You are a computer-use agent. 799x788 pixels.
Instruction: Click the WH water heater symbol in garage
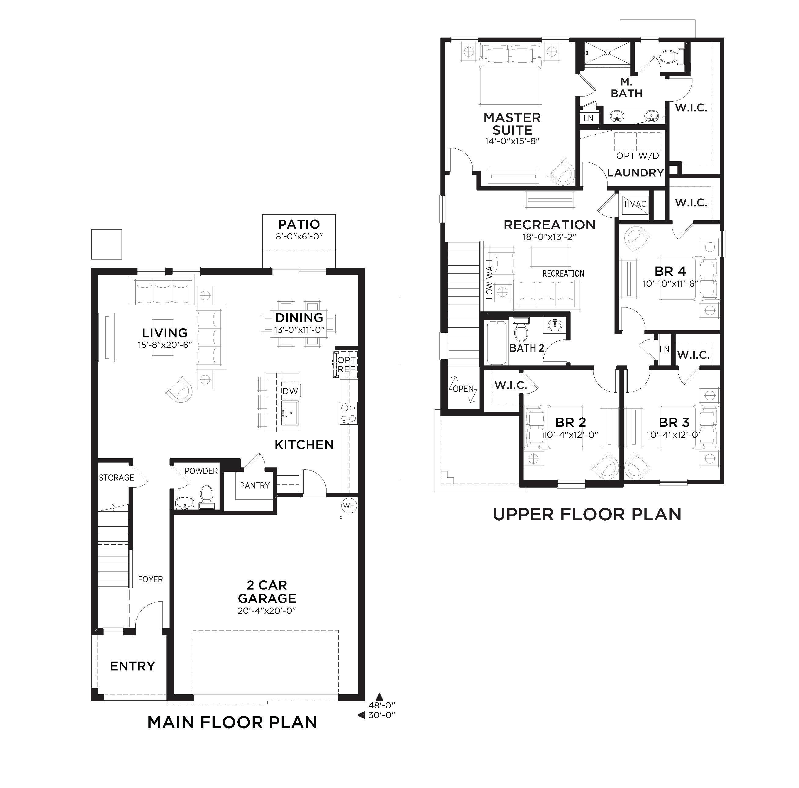coord(348,506)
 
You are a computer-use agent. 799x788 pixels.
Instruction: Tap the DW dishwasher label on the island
coord(290,391)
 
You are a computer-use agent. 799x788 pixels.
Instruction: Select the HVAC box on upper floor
coord(635,204)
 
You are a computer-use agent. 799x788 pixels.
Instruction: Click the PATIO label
coord(299,224)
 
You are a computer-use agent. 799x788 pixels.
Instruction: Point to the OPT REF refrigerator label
coord(346,365)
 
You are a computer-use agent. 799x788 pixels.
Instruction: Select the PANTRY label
coord(254,485)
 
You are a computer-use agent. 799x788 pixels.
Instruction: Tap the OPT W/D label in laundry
coord(637,156)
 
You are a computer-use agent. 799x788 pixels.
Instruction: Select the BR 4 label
coord(670,271)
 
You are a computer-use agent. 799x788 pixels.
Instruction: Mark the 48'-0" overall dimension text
coord(382,706)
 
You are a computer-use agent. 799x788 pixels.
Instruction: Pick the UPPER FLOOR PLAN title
coord(587,514)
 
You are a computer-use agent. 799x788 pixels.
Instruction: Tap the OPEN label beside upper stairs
coord(463,389)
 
